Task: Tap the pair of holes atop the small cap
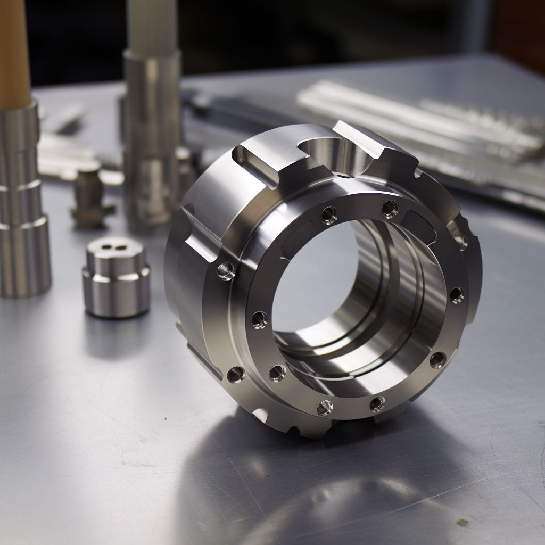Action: pos(112,246)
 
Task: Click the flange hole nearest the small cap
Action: pos(226,271)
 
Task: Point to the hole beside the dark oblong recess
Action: pos(390,209)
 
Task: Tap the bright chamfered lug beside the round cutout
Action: pos(367,138)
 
